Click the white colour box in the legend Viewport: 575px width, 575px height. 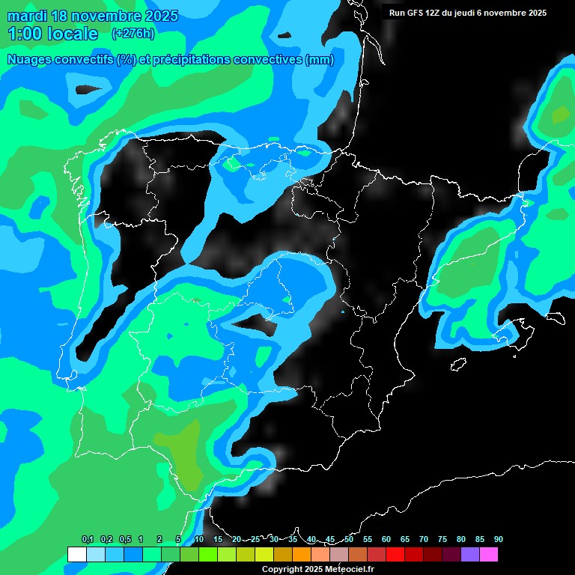[76, 554]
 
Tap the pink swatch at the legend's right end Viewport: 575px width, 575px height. [489, 554]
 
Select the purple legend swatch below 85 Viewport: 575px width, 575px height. [470, 554]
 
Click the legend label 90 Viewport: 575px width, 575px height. [498, 539]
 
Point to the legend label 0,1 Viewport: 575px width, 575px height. [88, 539]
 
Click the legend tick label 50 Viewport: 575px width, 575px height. [349, 539]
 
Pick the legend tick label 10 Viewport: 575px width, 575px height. [199, 539]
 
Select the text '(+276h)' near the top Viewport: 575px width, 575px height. [133, 33]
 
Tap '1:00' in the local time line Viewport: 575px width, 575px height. [25, 34]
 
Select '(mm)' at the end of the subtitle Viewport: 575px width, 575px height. [320, 60]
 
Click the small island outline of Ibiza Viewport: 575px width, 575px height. [458, 364]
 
